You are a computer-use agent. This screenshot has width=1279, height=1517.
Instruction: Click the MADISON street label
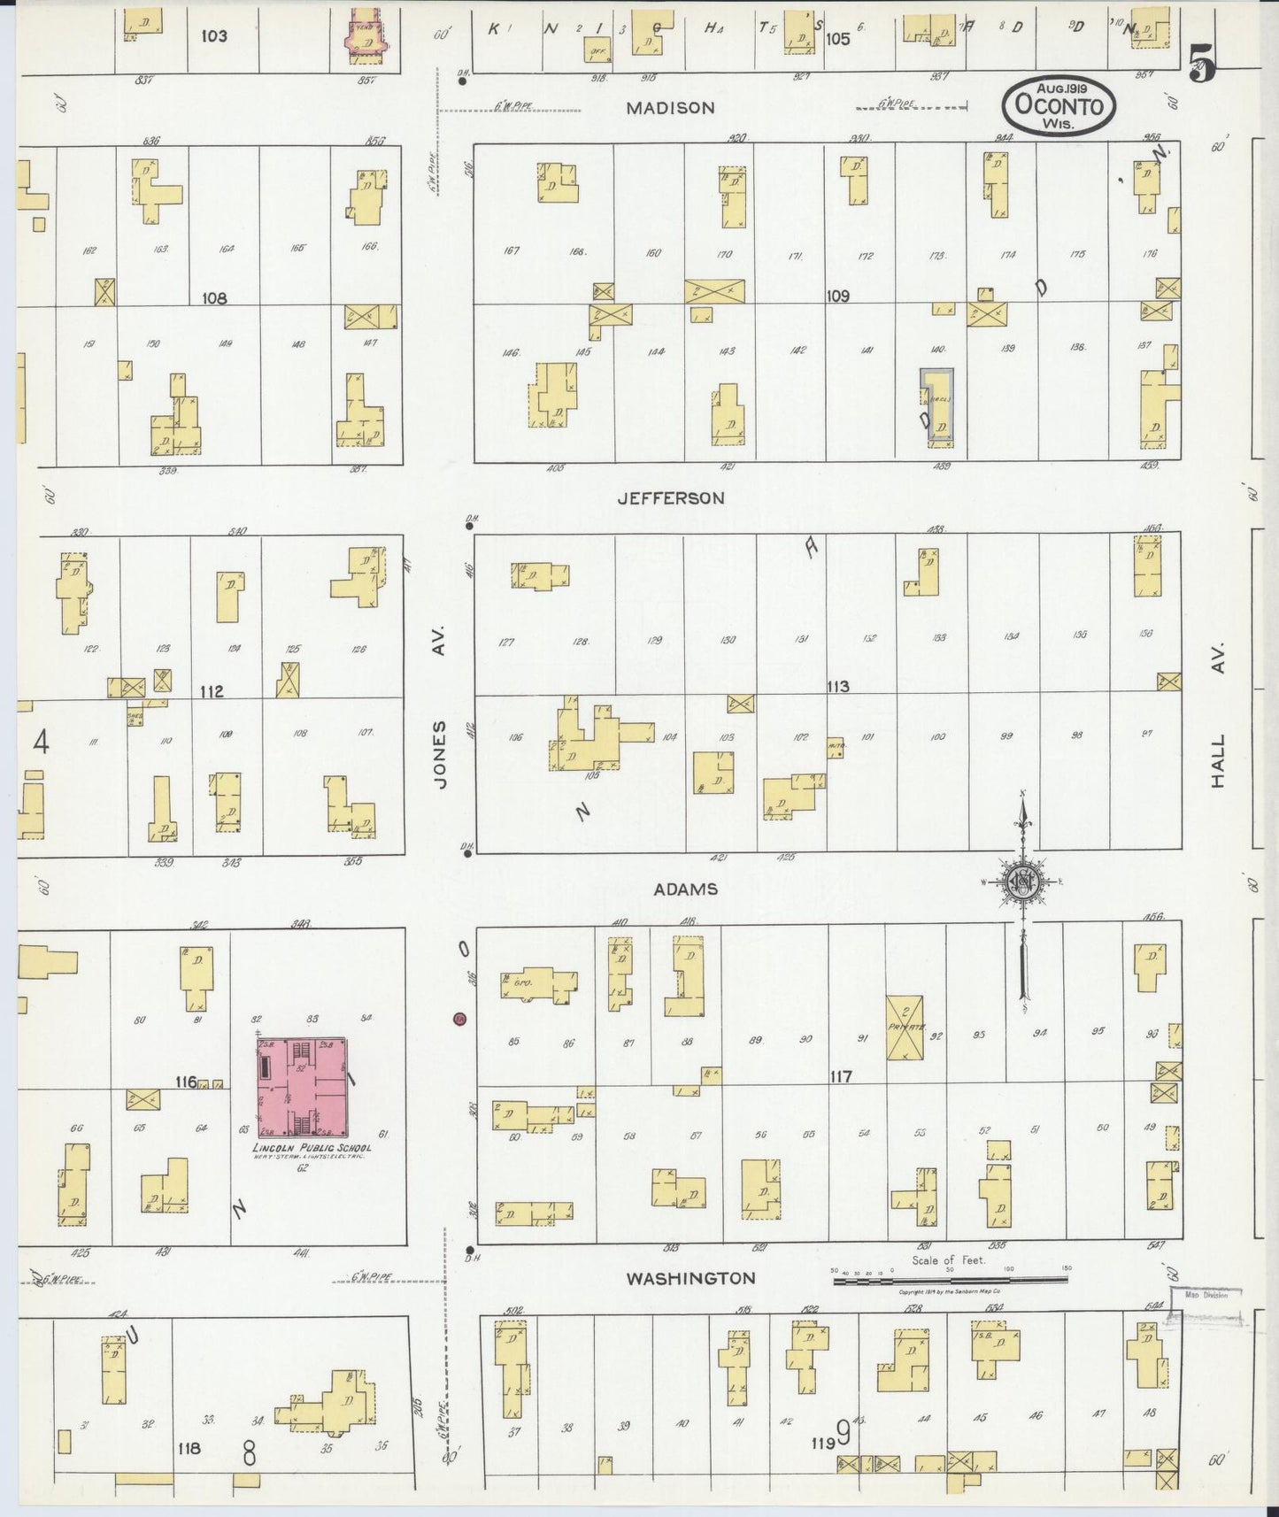[x=670, y=108]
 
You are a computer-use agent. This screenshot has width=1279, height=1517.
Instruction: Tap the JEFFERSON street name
[x=671, y=498]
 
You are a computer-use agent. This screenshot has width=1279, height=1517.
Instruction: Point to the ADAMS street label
[x=685, y=889]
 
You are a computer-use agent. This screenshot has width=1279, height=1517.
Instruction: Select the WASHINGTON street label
[x=691, y=1278]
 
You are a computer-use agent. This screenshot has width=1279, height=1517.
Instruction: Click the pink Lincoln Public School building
[x=302, y=1088]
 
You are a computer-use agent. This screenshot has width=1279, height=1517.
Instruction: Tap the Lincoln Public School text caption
[x=312, y=1148]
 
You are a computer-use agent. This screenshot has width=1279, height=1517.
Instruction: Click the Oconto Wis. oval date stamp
[x=1059, y=105]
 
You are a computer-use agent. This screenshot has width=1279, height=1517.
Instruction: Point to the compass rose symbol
[x=1021, y=882]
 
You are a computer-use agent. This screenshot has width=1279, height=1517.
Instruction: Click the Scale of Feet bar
[x=951, y=1280]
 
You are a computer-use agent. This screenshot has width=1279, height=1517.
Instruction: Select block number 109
[x=837, y=296]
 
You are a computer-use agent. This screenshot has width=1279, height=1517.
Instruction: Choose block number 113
[x=837, y=687]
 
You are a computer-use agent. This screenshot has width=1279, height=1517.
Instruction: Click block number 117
[x=840, y=1076]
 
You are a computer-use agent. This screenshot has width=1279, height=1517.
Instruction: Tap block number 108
[x=214, y=298]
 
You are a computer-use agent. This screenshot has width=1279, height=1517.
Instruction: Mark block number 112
[x=212, y=691]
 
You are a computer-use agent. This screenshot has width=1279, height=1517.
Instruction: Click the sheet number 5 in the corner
[x=1201, y=64]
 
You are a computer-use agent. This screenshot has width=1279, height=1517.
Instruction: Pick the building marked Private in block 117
[x=905, y=1028]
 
